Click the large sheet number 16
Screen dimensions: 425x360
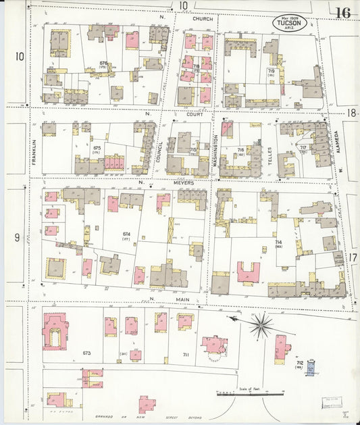click(342, 13)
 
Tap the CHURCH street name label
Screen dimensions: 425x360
click(202, 19)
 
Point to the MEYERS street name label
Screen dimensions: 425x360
click(184, 182)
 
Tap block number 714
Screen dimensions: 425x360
click(278, 241)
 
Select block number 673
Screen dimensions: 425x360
click(86, 353)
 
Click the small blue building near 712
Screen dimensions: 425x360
click(311, 368)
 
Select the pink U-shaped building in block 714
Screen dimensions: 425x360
click(248, 272)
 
